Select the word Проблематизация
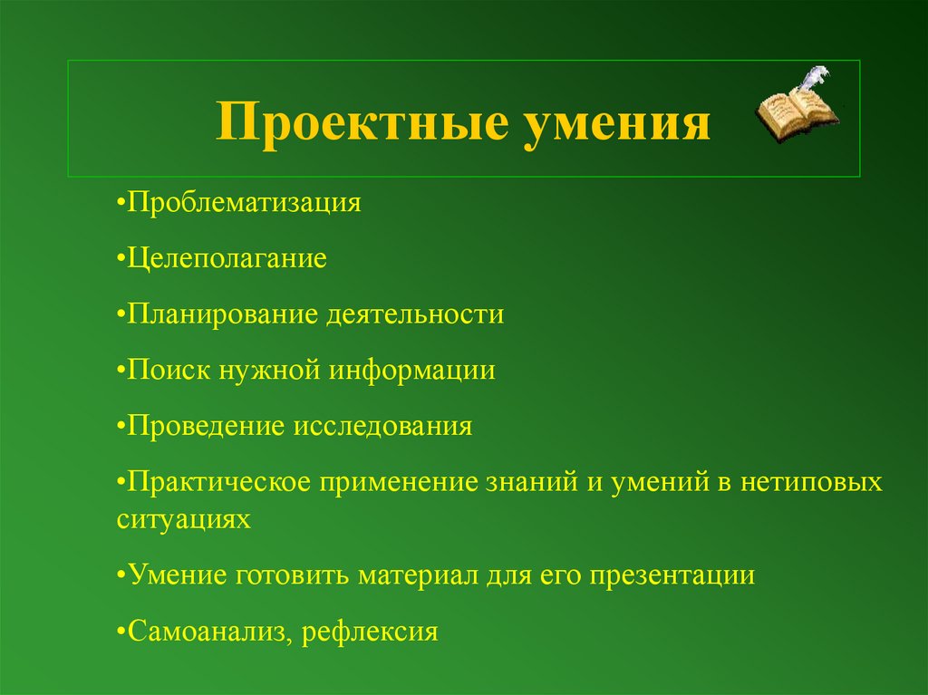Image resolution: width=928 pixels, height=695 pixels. pos(244,203)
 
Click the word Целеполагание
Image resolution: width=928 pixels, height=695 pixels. pos(227,259)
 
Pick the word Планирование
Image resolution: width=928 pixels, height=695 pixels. pos(221,315)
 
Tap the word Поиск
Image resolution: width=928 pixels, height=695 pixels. pos(169,371)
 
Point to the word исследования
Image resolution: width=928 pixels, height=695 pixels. pos(382,426)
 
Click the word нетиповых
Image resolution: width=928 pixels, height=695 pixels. pos(811,482)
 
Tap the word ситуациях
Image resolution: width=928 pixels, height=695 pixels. pos(182,519)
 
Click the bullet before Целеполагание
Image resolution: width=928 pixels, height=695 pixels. pos(121,260)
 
